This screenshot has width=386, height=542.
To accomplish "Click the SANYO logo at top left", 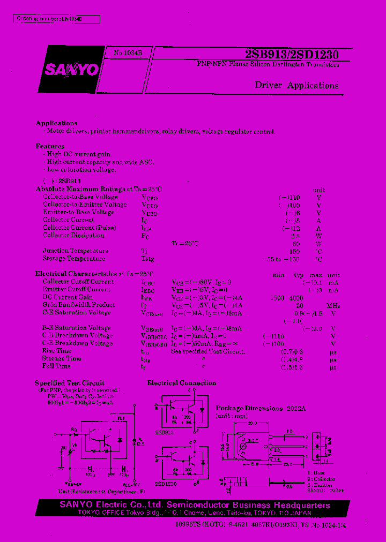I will [x=78, y=70].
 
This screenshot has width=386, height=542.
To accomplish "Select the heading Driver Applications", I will [x=296, y=86].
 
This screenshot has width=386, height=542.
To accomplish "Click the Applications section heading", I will [x=57, y=123].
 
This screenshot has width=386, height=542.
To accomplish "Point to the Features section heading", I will [x=50, y=146].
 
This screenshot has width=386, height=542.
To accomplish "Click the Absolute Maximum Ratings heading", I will [x=99, y=190].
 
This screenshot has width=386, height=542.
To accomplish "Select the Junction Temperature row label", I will [x=76, y=251].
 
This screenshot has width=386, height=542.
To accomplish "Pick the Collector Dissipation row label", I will [x=73, y=236].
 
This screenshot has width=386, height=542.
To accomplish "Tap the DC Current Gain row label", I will [x=68, y=297].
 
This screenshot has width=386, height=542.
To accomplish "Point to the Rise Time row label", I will [x=56, y=351].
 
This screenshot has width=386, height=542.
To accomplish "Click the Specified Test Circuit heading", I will [x=70, y=383].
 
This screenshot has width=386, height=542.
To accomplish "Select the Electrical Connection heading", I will [x=182, y=383].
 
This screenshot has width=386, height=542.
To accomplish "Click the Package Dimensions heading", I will [x=249, y=408].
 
